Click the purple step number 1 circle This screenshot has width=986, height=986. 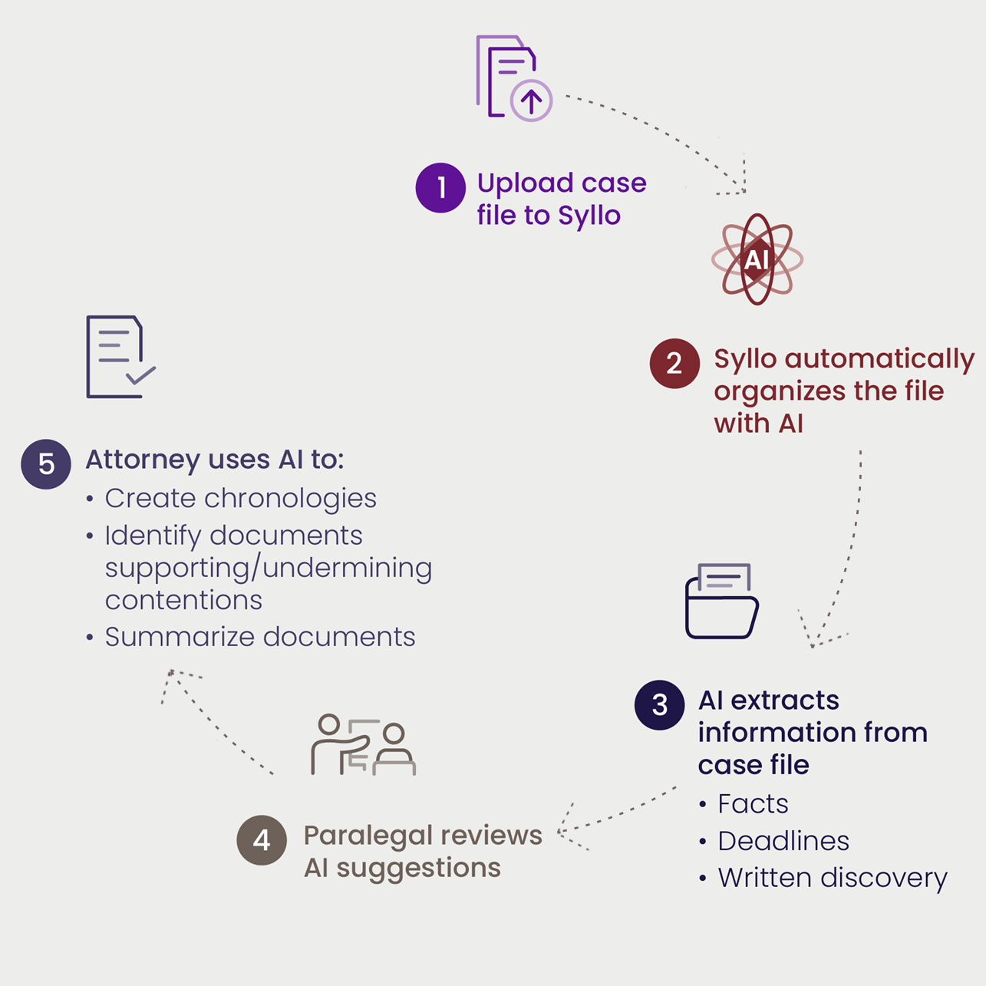(x=440, y=188)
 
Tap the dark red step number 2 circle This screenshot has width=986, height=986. (x=674, y=364)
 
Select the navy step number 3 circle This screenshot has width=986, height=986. (x=659, y=705)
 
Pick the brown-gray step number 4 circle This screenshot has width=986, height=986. (x=262, y=840)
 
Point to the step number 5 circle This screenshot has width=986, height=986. (x=46, y=464)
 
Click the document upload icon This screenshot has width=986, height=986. (x=513, y=78)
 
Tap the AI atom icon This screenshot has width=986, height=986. (x=757, y=259)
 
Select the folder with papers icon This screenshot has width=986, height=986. (x=721, y=602)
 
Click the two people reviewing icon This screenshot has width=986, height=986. (x=363, y=745)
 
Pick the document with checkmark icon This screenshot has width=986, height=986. (x=120, y=357)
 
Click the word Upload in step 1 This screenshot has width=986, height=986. (x=514, y=183)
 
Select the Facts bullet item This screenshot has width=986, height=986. (x=752, y=804)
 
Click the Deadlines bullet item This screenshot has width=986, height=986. (x=783, y=841)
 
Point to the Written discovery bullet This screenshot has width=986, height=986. (x=832, y=878)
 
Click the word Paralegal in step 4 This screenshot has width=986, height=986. (x=364, y=836)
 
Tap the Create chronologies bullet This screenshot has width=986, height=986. (x=240, y=499)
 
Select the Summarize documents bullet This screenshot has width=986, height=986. (x=259, y=637)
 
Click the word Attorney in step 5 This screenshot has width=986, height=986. (x=143, y=460)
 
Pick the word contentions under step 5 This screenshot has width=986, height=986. (x=183, y=600)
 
